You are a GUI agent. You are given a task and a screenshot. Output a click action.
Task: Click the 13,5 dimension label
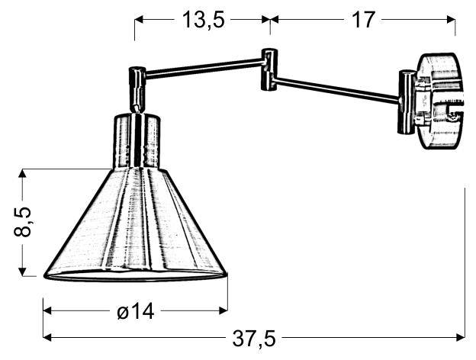tap(202, 20)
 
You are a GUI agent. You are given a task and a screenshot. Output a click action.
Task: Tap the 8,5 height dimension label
tap(23, 222)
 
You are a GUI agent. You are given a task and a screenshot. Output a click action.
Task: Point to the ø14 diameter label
tap(136, 311)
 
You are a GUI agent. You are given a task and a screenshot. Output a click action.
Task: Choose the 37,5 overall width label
tap(254, 337)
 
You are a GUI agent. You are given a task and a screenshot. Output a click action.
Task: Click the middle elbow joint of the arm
tap(269, 70)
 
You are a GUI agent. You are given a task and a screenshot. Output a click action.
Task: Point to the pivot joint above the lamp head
tap(137, 85)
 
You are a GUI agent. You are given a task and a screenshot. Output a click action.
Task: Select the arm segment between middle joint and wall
tap(336, 87)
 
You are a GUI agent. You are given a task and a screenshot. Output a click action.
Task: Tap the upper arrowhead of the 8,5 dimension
tap(25, 175)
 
